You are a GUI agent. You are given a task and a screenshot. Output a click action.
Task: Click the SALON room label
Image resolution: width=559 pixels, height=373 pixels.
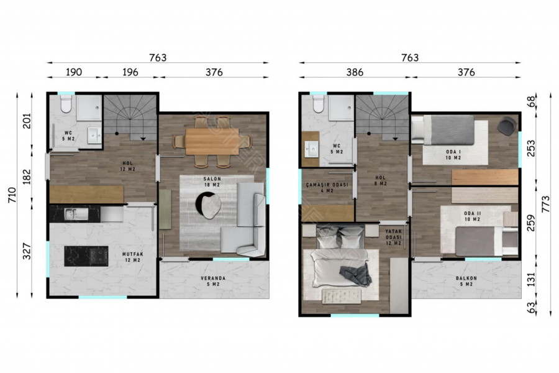click(212, 179)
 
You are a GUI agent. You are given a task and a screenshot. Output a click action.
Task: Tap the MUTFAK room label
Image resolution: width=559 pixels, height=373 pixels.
click(133, 254)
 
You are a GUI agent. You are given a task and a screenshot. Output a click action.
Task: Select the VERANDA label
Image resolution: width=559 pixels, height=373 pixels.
click(213, 278)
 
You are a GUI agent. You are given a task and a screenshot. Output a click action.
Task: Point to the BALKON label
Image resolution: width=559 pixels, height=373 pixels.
click(466, 278)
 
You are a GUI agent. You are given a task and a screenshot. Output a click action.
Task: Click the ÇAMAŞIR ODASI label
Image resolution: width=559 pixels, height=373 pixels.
click(327, 185)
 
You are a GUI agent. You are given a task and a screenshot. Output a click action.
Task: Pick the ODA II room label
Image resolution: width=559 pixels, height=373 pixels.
click(473, 213)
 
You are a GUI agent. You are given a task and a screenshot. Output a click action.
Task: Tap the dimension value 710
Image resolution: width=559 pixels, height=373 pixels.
click(12, 195)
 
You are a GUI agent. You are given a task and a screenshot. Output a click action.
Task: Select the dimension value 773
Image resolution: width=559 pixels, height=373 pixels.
click(546, 204)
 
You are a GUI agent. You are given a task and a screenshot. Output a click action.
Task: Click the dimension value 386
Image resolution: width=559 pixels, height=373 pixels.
click(355, 73)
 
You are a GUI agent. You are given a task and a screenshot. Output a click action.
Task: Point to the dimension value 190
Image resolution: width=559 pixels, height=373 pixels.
click(74, 72)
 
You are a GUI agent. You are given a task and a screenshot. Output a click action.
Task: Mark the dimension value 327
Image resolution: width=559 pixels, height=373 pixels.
click(27, 251)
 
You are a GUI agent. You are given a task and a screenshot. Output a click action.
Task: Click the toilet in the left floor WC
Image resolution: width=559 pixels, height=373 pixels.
click(66, 104)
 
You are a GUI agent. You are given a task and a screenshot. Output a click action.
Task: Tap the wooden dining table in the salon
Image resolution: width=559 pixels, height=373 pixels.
click(212, 142)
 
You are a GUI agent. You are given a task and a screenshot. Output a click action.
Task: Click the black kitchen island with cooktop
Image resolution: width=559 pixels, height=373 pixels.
click(86, 256)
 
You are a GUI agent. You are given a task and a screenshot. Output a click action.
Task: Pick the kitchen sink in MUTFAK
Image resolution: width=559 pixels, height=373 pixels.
click(76, 214)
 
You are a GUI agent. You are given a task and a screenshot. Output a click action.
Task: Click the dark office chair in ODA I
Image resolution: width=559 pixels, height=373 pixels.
click(507, 126)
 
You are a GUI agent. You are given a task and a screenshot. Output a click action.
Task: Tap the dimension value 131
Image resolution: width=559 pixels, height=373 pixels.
click(531, 280)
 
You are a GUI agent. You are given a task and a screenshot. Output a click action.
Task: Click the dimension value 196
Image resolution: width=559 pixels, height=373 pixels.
click(130, 72)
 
